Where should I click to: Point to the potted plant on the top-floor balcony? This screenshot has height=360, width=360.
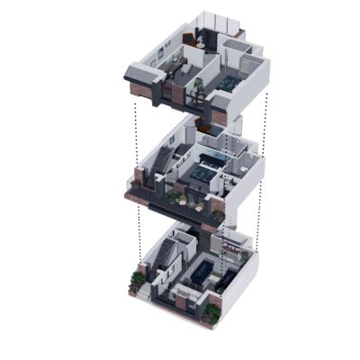click(199, 85)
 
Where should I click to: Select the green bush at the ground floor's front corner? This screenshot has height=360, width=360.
click(211, 312)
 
